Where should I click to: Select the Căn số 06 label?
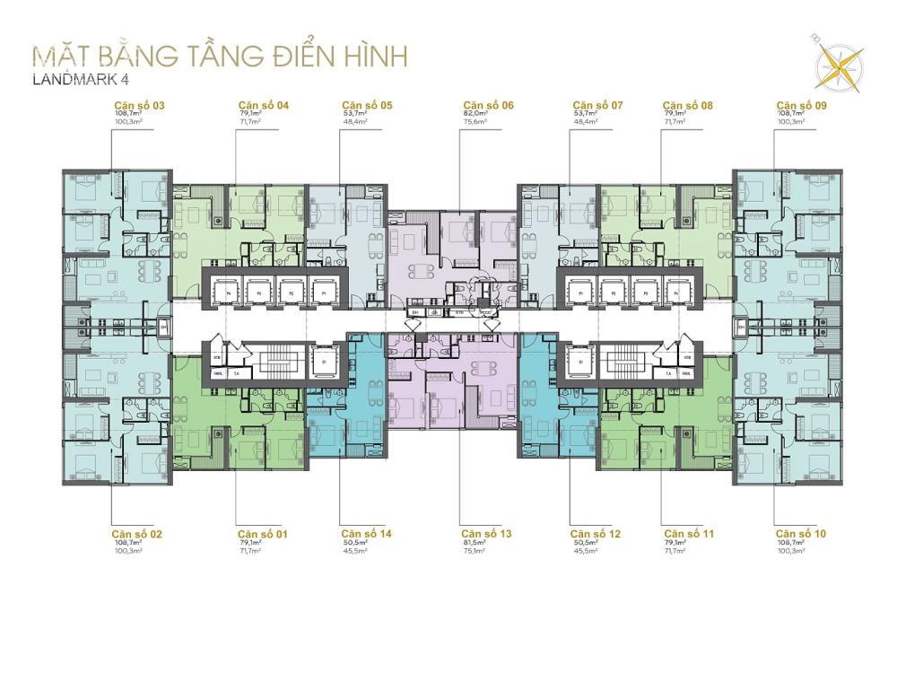[x=488, y=105]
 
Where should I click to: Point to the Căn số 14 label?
[x=366, y=534]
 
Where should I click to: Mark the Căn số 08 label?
[x=688, y=105]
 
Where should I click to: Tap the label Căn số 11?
[x=688, y=534]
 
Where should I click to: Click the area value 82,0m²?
[x=475, y=114]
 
